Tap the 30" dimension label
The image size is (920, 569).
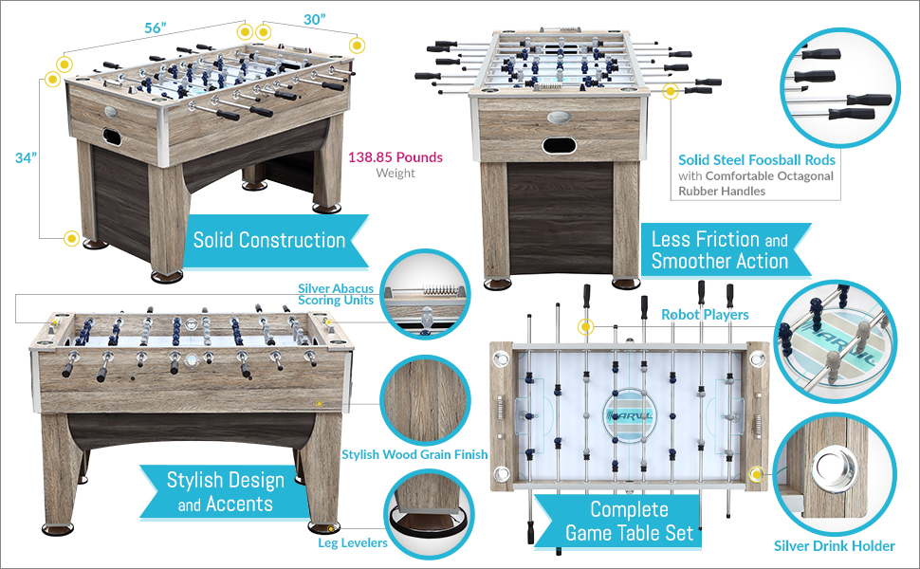click(x=315, y=18)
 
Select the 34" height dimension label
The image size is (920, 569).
click(x=26, y=157)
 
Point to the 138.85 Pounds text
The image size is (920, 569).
click(x=396, y=157)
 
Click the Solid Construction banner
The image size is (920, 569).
click(x=269, y=240)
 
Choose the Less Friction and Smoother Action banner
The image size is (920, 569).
click(x=720, y=249)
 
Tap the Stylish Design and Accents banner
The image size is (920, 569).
click(x=225, y=491)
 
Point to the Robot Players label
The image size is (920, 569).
click(x=705, y=314)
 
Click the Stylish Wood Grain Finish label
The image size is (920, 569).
click(x=414, y=454)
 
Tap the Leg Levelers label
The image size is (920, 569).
click(x=353, y=542)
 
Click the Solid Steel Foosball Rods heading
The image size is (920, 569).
click(x=756, y=160)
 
